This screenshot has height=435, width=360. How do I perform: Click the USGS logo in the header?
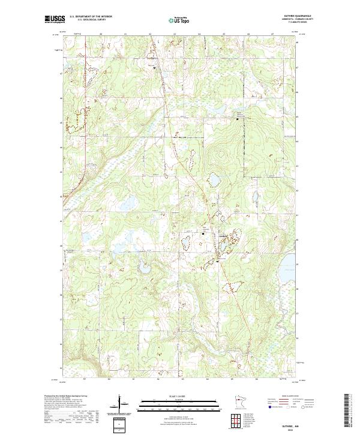[55, 20]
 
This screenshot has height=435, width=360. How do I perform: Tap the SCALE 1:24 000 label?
[179, 395]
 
